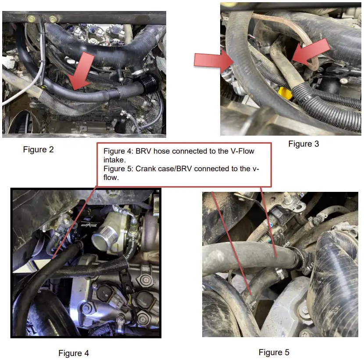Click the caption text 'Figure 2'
(38, 150)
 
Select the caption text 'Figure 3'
(303, 144)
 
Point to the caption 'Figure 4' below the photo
(74, 353)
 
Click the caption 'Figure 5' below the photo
(274, 352)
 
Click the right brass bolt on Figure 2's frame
(53, 19)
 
